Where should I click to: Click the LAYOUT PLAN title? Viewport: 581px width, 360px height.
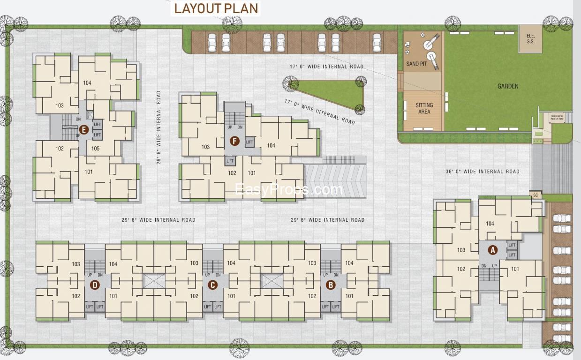point(216,8)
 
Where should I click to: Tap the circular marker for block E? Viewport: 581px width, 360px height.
point(83,130)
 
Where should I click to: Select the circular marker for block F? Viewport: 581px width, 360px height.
point(234,140)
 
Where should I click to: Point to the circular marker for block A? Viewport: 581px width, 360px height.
point(492,250)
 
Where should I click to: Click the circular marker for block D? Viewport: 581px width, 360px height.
point(95,285)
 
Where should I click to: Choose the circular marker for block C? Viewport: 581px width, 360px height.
point(212,285)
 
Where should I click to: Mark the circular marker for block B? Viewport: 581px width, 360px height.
point(330,285)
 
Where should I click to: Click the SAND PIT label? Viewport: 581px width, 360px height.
point(416,64)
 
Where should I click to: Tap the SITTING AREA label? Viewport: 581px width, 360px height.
point(424,108)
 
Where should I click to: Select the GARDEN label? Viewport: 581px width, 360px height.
point(508,86)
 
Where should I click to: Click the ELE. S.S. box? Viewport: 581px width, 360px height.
point(530,38)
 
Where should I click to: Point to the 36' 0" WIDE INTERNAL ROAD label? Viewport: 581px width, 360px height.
point(482,172)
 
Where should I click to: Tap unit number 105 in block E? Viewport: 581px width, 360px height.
point(95,149)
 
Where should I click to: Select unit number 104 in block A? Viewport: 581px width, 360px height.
point(490,224)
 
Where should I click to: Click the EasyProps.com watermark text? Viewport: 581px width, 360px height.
point(289,189)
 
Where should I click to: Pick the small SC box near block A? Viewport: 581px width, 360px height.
point(535,195)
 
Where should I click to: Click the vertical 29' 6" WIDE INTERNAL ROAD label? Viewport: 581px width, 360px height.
point(159,127)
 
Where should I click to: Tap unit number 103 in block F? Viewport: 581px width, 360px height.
point(205,147)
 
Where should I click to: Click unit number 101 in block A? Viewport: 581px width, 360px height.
point(515,269)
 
